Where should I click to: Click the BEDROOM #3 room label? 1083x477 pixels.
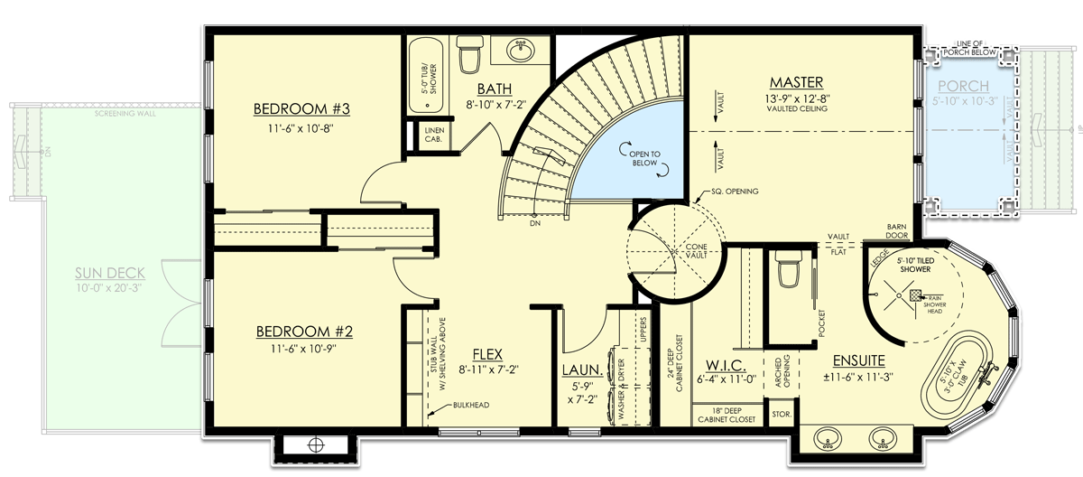tap(301, 109)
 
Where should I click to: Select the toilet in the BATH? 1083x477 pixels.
tap(469, 57)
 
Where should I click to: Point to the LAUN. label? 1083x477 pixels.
tap(577, 369)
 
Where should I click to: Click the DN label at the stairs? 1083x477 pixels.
tap(535, 223)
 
